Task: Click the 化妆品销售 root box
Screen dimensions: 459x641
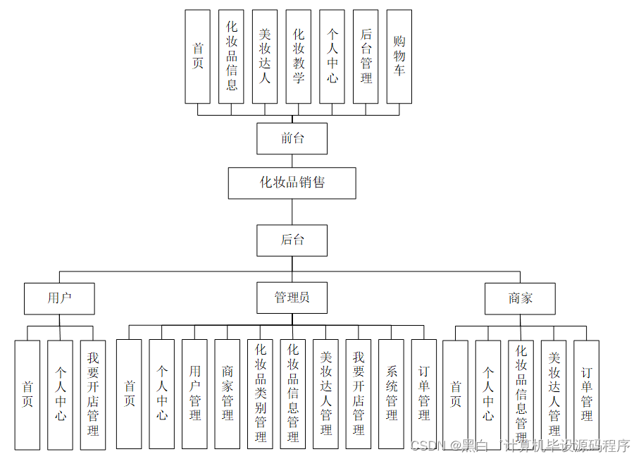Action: (292, 183)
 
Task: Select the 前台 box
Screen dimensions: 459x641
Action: (292, 138)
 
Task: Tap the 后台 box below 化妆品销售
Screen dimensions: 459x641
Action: (292, 240)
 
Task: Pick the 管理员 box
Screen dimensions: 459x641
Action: (292, 298)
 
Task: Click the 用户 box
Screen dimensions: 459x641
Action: (59, 298)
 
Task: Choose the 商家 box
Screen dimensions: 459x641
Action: (520, 298)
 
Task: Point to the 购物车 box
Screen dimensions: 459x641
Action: (399, 56)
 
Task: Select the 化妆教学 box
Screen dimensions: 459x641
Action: (299, 56)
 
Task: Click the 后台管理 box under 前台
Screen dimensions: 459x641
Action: (366, 56)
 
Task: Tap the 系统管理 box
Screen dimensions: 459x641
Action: (391, 394)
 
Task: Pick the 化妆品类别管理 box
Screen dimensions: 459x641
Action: (260, 394)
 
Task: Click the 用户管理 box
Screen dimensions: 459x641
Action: (194, 394)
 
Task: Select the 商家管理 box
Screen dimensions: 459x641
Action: (227, 394)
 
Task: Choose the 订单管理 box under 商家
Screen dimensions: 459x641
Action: (586, 394)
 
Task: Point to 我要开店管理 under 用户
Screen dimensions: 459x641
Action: (93, 394)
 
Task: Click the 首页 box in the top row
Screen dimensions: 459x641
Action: (197, 56)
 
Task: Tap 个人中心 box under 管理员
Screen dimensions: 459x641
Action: (161, 394)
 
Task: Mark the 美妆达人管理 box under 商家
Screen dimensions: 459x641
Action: (554, 394)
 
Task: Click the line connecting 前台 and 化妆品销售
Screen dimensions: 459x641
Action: (292, 161)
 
